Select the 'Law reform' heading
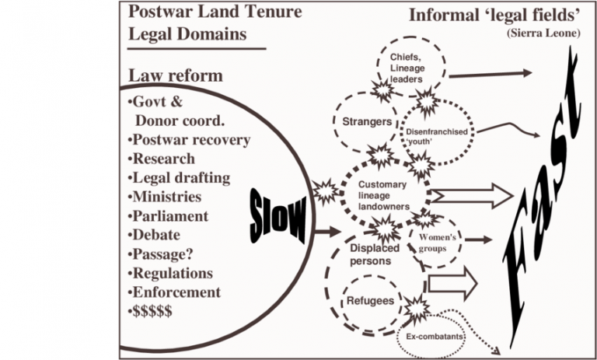[175, 75]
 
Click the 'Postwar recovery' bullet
[187, 140]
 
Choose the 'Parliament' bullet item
[166, 215]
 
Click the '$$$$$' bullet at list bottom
[152, 311]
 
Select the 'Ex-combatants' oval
[430, 336]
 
